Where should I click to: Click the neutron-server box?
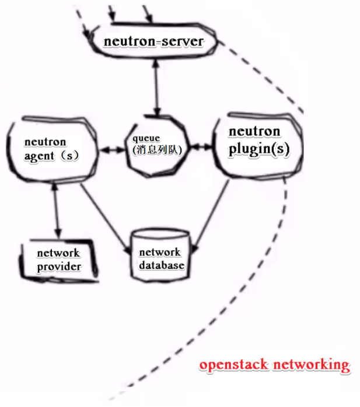click(153, 42)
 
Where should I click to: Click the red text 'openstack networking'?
click(274, 365)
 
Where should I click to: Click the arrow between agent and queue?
click(114, 150)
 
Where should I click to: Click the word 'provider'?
click(59, 267)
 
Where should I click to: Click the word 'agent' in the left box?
click(38, 156)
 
